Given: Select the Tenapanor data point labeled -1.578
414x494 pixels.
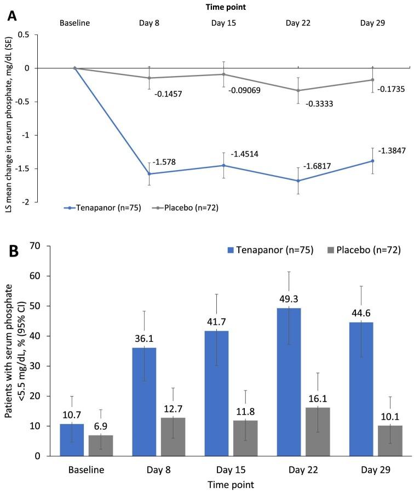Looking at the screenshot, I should point(150,174).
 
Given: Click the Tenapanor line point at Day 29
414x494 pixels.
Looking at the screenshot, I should point(372,161).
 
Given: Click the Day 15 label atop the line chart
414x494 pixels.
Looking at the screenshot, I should point(225,24).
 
